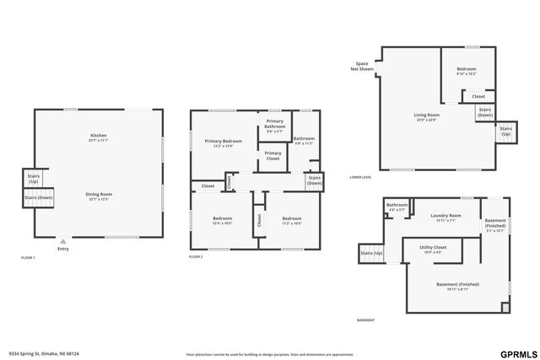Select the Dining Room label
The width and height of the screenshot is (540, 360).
click(99, 196)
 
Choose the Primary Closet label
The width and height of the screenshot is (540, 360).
click(273, 155)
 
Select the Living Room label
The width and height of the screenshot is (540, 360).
click(426, 116)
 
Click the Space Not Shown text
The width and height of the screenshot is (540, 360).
click(363, 67)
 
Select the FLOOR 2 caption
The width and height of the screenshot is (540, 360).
click(196, 256)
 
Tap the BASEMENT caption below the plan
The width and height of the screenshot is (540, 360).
click(365, 320)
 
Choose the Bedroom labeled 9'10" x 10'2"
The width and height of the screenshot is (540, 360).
click(467, 71)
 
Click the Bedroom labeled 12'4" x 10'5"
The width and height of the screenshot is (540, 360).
click(223, 221)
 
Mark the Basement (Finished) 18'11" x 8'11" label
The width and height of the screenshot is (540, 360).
click(457, 287)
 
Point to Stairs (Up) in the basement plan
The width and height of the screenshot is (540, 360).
click(371, 253)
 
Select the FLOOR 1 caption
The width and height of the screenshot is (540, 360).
click(28, 256)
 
